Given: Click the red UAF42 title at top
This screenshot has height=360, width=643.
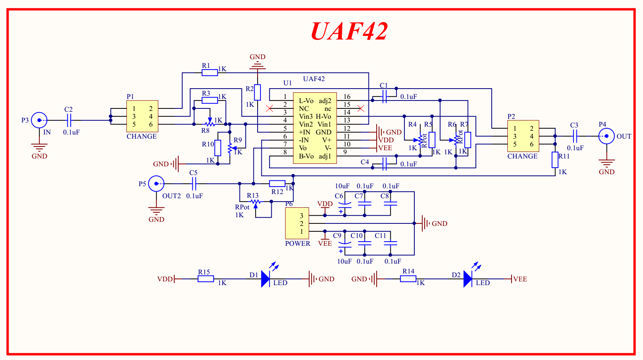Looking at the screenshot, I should (x=349, y=31).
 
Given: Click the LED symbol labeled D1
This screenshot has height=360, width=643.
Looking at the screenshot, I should (x=265, y=279).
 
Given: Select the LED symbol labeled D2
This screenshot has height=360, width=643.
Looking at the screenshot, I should (x=468, y=279).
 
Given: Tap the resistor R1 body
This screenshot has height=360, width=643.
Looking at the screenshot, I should (x=210, y=73).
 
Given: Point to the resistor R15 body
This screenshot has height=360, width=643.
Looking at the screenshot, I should (x=206, y=279).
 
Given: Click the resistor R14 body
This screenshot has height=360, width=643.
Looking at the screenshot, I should (x=408, y=279).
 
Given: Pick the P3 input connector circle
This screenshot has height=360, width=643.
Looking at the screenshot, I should (x=39, y=120).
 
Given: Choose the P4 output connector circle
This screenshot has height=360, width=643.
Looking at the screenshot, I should (x=606, y=136).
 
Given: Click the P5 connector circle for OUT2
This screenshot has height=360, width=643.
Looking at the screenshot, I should (x=156, y=183).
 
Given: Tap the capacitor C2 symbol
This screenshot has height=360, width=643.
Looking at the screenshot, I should (x=69, y=120).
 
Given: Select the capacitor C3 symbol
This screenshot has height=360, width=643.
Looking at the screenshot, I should (x=574, y=136).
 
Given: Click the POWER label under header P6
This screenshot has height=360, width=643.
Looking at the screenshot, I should (x=297, y=243).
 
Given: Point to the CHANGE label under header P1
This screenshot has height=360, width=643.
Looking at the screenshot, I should (x=141, y=136).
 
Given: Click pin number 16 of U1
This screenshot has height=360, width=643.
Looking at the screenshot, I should (x=347, y=97).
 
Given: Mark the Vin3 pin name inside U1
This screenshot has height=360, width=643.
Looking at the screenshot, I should (x=306, y=117).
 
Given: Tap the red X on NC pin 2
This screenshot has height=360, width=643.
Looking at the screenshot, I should (x=270, y=108).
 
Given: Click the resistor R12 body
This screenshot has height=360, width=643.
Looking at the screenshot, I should (x=277, y=183).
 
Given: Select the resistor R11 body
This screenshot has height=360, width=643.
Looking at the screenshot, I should (x=555, y=160).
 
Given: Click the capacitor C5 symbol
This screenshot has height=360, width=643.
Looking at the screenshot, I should (x=194, y=183).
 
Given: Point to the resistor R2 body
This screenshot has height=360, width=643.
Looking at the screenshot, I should (x=257, y=92).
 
